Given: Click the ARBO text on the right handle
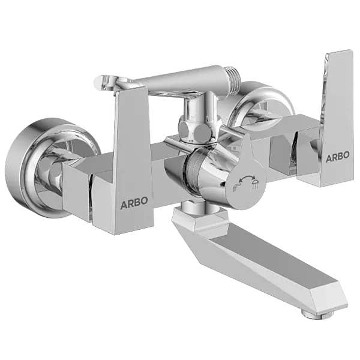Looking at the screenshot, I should point(339,157).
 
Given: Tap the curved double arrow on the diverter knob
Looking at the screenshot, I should point(245,179).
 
